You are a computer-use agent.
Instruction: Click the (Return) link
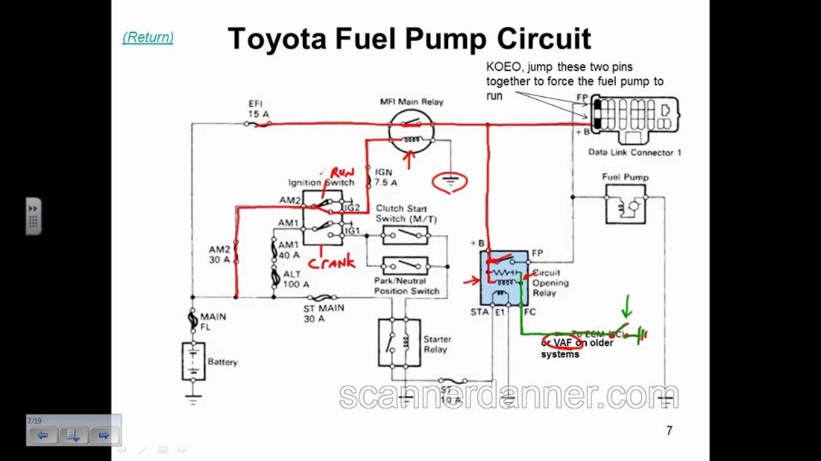(148, 37)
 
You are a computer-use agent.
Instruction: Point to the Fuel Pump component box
(625, 204)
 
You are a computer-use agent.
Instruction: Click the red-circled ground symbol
(450, 181)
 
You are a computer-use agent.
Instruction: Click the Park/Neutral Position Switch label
(406, 286)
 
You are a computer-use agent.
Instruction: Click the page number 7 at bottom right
(669, 431)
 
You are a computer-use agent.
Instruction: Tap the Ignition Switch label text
(321, 182)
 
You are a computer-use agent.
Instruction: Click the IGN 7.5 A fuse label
(386, 177)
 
